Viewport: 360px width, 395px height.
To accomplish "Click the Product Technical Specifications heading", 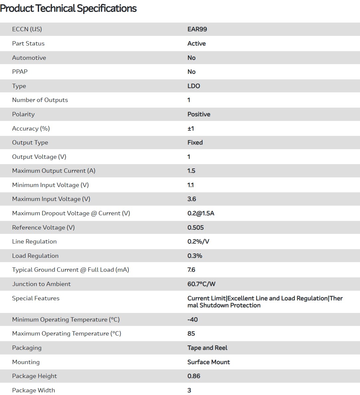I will pyautogui.click(x=68, y=8).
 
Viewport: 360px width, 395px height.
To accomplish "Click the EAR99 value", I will pyautogui.click(x=197, y=29).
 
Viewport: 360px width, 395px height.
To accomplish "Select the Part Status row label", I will pyautogui.click(x=28, y=44).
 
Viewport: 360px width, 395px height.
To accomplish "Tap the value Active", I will pyautogui.click(x=196, y=44).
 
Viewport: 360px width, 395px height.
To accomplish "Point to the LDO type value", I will pyautogui.click(x=193, y=86).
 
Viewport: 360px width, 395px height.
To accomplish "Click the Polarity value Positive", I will pyautogui.click(x=199, y=114).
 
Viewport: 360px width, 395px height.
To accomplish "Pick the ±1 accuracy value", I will pyautogui.click(x=191, y=129).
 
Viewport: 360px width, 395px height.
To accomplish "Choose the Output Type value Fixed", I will pyautogui.click(x=195, y=143).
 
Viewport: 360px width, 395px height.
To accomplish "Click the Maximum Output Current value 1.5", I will pyautogui.click(x=191, y=171).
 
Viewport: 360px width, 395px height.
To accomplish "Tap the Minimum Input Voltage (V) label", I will pyautogui.click(x=50, y=185).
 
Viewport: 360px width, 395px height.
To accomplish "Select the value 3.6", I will pyautogui.click(x=191, y=199).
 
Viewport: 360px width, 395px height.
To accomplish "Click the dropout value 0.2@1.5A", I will pyautogui.click(x=201, y=213).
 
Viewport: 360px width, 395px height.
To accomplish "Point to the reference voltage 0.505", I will pyautogui.click(x=195, y=228).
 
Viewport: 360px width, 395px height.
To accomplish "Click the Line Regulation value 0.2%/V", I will pyautogui.click(x=198, y=242).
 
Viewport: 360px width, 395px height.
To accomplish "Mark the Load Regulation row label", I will pyautogui.click(x=35, y=256).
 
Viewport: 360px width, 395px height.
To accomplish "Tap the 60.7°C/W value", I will pyautogui.click(x=201, y=284).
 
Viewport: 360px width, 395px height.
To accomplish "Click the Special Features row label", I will pyautogui.click(x=36, y=298).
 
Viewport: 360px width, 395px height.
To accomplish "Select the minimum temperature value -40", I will pyautogui.click(x=192, y=320).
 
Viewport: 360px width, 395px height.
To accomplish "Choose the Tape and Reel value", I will pyautogui.click(x=207, y=348).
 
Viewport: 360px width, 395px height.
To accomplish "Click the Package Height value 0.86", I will pyautogui.click(x=194, y=376).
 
